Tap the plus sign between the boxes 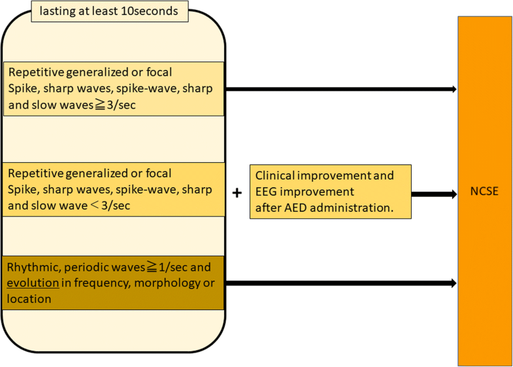237,193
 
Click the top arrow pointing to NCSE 340,89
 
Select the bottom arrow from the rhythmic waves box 340,283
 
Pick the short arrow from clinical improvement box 434,194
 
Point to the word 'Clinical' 275,176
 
